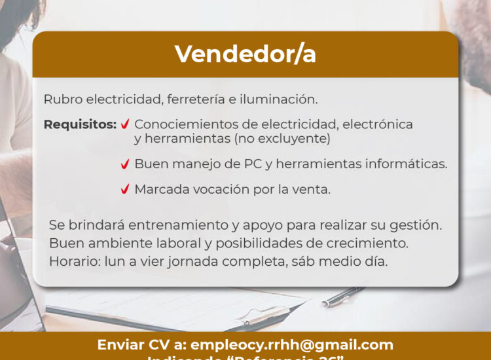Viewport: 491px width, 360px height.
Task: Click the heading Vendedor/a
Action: point(245,54)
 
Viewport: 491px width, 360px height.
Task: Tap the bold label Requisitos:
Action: point(80,124)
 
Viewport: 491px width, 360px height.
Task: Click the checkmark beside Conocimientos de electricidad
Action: point(124,124)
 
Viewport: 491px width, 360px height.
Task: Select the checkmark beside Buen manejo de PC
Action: point(124,164)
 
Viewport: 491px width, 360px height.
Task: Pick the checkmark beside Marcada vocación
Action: point(124,190)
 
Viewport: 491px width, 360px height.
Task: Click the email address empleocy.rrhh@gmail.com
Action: point(291,345)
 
